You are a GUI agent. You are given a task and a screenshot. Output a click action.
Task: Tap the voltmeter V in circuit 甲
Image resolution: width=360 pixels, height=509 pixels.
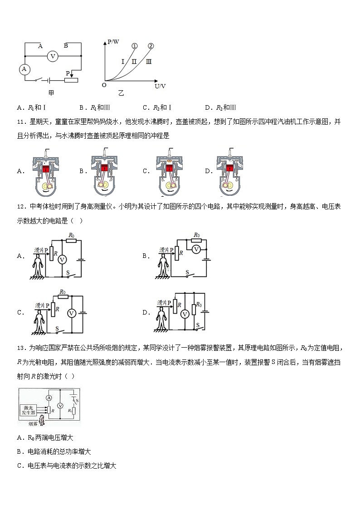coord(53,56)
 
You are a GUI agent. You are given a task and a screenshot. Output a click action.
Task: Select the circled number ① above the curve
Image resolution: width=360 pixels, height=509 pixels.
coord(135,46)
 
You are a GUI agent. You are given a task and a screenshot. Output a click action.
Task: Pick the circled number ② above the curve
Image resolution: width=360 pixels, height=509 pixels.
coord(151,46)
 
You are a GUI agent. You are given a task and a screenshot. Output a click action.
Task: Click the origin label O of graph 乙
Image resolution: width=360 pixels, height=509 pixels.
coord(104,85)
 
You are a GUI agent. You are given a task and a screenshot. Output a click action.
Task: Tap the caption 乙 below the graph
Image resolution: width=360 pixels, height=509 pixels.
coord(121,93)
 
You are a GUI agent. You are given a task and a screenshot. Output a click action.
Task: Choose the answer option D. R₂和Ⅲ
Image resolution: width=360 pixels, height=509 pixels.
coord(220,107)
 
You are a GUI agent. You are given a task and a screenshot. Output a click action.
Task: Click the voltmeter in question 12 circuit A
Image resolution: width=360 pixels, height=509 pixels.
coord(64,258)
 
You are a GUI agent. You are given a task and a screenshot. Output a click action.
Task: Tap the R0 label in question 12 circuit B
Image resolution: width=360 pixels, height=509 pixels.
coord(196,235)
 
